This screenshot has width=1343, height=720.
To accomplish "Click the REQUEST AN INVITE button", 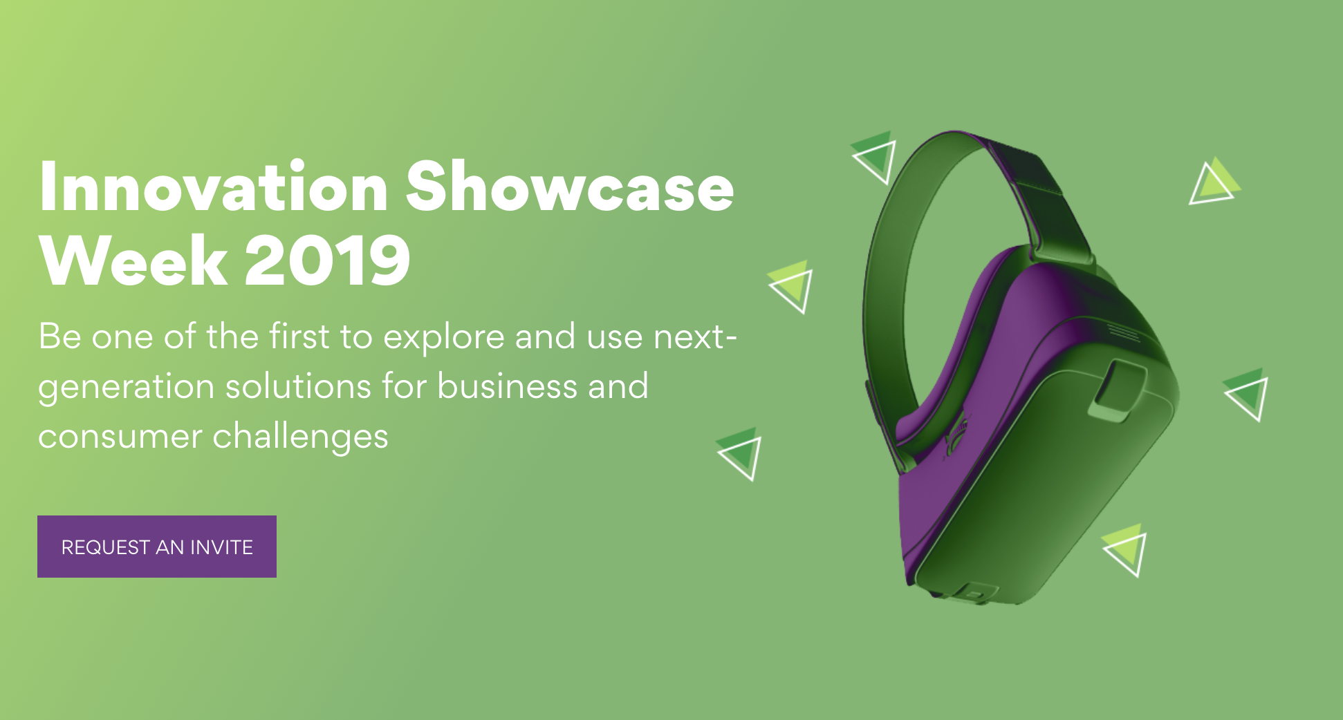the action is (x=157, y=547).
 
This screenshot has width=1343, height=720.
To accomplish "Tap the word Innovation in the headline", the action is (x=214, y=187).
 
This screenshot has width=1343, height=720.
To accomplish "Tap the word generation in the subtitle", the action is (x=126, y=388).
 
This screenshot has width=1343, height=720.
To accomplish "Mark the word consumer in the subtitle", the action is (x=120, y=437).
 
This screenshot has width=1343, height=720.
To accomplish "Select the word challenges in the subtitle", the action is (x=300, y=437).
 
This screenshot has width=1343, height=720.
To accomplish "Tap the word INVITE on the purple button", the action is (x=221, y=547).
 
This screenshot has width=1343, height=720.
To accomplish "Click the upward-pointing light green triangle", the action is (x=1214, y=182).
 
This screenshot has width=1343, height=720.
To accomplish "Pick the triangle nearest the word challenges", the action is (x=740, y=453).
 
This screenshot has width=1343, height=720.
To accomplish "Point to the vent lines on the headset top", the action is (x=1122, y=332).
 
